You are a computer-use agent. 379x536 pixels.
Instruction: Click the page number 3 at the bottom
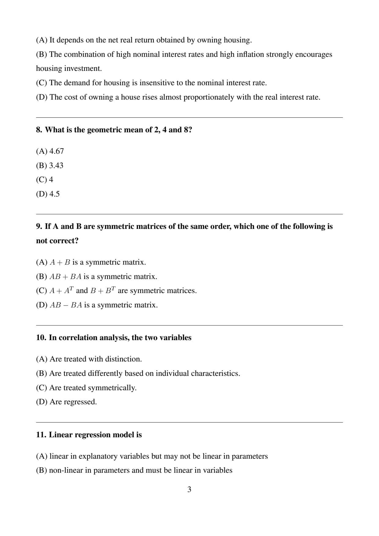189,490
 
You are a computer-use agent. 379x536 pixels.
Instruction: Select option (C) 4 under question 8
45,180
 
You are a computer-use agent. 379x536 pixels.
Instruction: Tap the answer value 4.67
57,151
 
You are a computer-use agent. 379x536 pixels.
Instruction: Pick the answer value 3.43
56,166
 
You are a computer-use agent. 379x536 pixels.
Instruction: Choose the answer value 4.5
54,194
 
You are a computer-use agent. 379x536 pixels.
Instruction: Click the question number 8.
39,130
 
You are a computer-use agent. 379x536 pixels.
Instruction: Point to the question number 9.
39,226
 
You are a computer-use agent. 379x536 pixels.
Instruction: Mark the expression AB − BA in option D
66,305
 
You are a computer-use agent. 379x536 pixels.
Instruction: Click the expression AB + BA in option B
65,277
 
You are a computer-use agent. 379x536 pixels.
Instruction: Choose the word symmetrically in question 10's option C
112,388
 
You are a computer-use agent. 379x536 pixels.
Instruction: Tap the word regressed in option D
80,402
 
